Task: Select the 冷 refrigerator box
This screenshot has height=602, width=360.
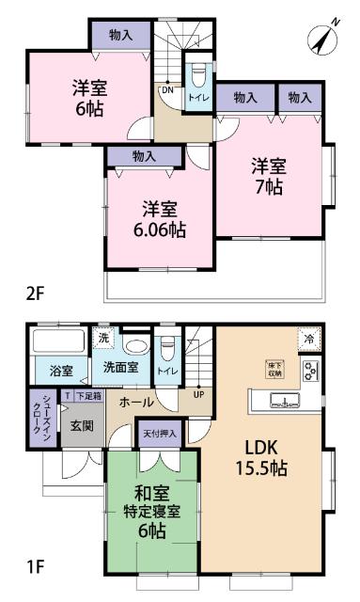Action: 307,338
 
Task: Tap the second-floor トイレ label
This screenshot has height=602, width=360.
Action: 198,96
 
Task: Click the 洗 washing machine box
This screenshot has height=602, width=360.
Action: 106,338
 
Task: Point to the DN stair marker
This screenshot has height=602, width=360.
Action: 165,90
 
